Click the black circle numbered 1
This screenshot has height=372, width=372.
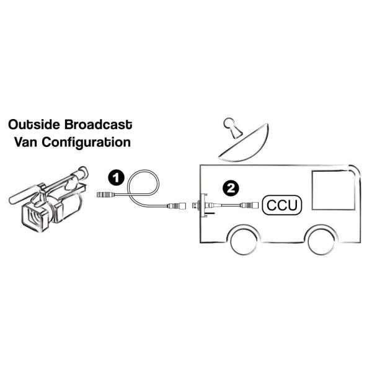tap(115, 177)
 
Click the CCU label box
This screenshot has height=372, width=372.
tap(280, 204)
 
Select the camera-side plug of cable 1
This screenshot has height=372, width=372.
tap(104, 194)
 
